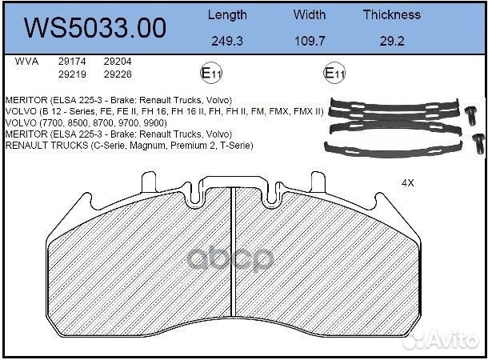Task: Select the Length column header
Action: pyautogui.click(x=227, y=14)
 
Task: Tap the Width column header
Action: pyautogui.click(x=309, y=14)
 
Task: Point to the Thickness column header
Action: pyautogui.click(x=391, y=14)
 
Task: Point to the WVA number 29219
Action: pyautogui.click(x=73, y=74)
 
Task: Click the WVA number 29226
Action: pyautogui.click(x=118, y=74)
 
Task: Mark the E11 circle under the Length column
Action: pyautogui.click(x=211, y=74)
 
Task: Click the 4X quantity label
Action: pyautogui.click(x=407, y=182)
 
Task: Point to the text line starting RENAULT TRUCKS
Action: pyautogui.click(x=129, y=146)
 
